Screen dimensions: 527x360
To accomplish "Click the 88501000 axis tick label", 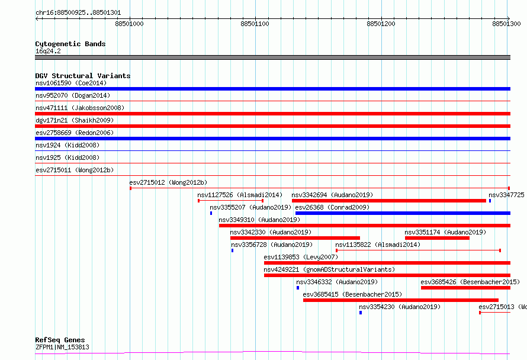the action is (x=129, y=24).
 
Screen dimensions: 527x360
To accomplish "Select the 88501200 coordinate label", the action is (x=381, y=24).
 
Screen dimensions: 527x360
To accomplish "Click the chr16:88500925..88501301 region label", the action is (x=78, y=13).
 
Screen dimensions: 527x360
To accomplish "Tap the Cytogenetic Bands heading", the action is (x=70, y=44).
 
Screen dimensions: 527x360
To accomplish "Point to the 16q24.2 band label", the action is (x=48, y=51).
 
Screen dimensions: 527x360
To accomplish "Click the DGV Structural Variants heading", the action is (x=83, y=76).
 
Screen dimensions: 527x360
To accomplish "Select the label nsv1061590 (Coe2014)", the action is (x=71, y=83).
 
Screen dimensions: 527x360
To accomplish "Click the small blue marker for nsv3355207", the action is (x=211, y=213).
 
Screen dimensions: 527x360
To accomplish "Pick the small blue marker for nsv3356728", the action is (x=232, y=250).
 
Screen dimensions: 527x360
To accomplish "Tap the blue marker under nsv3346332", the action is (x=298, y=288).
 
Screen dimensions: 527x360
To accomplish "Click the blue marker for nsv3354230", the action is (x=361, y=313).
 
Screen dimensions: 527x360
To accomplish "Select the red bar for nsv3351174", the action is (x=437, y=238).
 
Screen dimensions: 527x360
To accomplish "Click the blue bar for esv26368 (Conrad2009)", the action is (x=403, y=213).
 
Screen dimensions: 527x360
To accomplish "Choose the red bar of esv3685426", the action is (x=465, y=288).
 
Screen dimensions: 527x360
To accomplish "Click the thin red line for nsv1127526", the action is (x=230, y=201).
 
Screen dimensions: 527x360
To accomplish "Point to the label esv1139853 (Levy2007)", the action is (x=301, y=257).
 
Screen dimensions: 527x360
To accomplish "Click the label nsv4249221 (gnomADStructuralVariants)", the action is (x=329, y=269).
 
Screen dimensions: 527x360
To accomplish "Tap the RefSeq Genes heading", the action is (x=60, y=340).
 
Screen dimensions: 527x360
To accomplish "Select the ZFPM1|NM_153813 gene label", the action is (x=63, y=347).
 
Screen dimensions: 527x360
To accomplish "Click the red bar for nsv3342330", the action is (x=295, y=238).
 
